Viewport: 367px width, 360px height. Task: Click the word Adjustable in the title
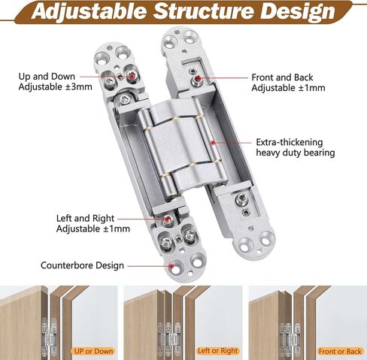click(89, 12)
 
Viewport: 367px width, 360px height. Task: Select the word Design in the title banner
click(297, 12)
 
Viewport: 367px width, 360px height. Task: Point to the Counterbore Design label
click(82, 265)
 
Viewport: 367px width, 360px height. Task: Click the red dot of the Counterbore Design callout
click(171, 266)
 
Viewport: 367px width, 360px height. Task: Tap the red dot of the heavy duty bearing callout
click(213, 143)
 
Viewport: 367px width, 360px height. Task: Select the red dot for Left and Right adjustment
click(167, 219)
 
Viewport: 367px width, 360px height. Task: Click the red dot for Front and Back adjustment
click(199, 77)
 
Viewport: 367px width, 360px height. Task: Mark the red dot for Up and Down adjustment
click(132, 76)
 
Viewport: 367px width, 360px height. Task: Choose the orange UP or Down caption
click(93, 351)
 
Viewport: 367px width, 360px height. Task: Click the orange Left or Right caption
click(217, 351)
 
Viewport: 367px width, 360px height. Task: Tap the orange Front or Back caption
click(340, 352)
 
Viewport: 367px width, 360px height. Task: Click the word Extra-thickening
click(290, 142)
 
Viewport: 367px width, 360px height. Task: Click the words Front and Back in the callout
click(282, 77)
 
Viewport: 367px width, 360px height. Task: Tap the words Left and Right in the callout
click(85, 218)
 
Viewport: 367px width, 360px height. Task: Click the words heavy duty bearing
click(296, 153)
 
